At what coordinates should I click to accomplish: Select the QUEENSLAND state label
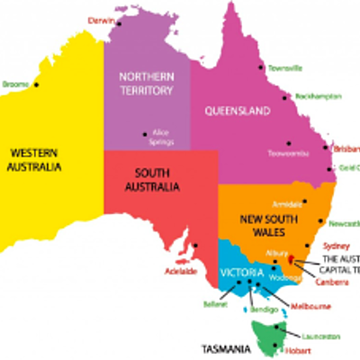(x=238, y=112)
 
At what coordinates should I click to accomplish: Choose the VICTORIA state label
(x=241, y=272)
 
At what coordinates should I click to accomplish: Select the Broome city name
(x=15, y=84)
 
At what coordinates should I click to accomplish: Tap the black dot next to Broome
(x=37, y=85)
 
